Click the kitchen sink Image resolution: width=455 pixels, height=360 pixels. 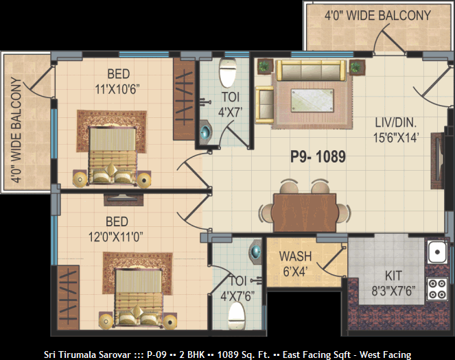point(437,252)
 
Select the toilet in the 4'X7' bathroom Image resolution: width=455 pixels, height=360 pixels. point(228,73)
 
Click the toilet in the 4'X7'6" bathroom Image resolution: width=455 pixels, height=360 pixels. point(236,315)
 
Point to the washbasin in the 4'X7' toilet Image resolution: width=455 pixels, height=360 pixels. point(206,132)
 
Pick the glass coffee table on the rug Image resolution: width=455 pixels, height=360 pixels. point(312,100)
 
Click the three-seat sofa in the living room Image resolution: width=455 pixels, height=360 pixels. point(311,70)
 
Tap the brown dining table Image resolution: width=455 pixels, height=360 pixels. point(305,213)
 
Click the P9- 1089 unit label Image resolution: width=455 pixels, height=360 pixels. point(318,157)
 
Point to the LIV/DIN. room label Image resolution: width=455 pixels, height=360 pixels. point(396,123)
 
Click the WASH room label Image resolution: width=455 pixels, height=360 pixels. point(295,256)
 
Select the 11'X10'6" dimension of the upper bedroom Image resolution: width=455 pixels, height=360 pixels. point(117,90)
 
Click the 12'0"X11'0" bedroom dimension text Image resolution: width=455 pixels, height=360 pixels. point(116,237)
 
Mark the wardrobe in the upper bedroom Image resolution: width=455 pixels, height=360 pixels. point(184,99)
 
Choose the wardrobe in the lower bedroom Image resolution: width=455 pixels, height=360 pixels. point(69,298)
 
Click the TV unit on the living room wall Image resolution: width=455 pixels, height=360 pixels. point(438,160)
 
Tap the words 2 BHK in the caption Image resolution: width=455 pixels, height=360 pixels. point(191,355)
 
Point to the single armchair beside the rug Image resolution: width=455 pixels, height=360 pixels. point(264,105)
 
